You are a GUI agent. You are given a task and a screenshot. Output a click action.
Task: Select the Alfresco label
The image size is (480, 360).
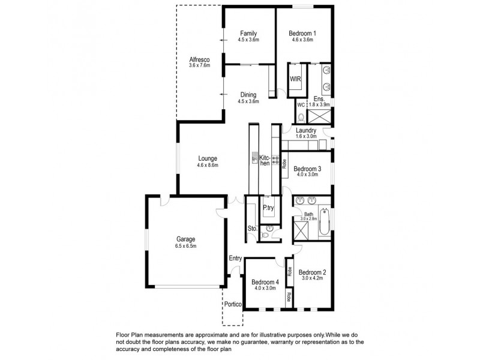point(199,59)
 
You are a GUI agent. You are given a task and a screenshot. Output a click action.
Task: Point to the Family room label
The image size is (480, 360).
point(249,33)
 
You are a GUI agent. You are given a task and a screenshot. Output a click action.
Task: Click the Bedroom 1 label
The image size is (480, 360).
point(304,33)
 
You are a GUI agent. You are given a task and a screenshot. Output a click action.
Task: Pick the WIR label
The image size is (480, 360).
point(296,79)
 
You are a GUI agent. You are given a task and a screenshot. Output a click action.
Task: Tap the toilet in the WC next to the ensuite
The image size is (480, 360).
point(302,116)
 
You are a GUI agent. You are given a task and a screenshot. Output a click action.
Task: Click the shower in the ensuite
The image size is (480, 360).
point(320,115)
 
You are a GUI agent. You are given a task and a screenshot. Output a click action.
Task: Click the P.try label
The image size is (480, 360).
point(269,208)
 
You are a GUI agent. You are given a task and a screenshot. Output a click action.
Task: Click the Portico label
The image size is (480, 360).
point(233,304)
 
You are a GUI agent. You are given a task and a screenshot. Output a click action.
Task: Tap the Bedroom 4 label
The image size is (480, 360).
point(264,282)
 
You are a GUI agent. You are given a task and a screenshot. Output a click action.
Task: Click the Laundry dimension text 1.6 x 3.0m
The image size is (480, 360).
point(306,137)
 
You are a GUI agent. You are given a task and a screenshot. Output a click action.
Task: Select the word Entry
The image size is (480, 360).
point(235,259)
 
